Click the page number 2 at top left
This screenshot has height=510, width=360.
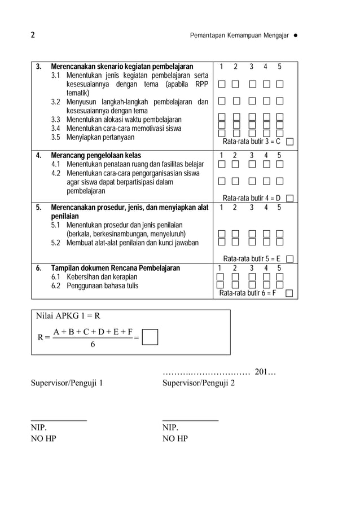point(33,36)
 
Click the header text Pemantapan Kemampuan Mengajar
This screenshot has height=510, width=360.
point(239,36)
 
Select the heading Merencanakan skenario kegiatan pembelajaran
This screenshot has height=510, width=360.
point(122,67)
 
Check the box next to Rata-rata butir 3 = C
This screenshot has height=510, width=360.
point(290,142)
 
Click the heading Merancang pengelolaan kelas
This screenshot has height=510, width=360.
point(96,155)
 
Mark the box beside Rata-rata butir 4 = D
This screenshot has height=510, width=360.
point(290,198)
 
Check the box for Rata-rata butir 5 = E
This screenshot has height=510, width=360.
point(290,259)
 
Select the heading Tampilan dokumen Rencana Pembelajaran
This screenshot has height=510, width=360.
point(116,268)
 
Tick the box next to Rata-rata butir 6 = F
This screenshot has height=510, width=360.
point(289,293)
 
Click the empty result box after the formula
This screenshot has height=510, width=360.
point(150,337)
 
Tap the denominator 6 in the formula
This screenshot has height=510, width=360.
point(93,345)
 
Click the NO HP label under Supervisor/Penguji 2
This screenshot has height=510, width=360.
point(175,439)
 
